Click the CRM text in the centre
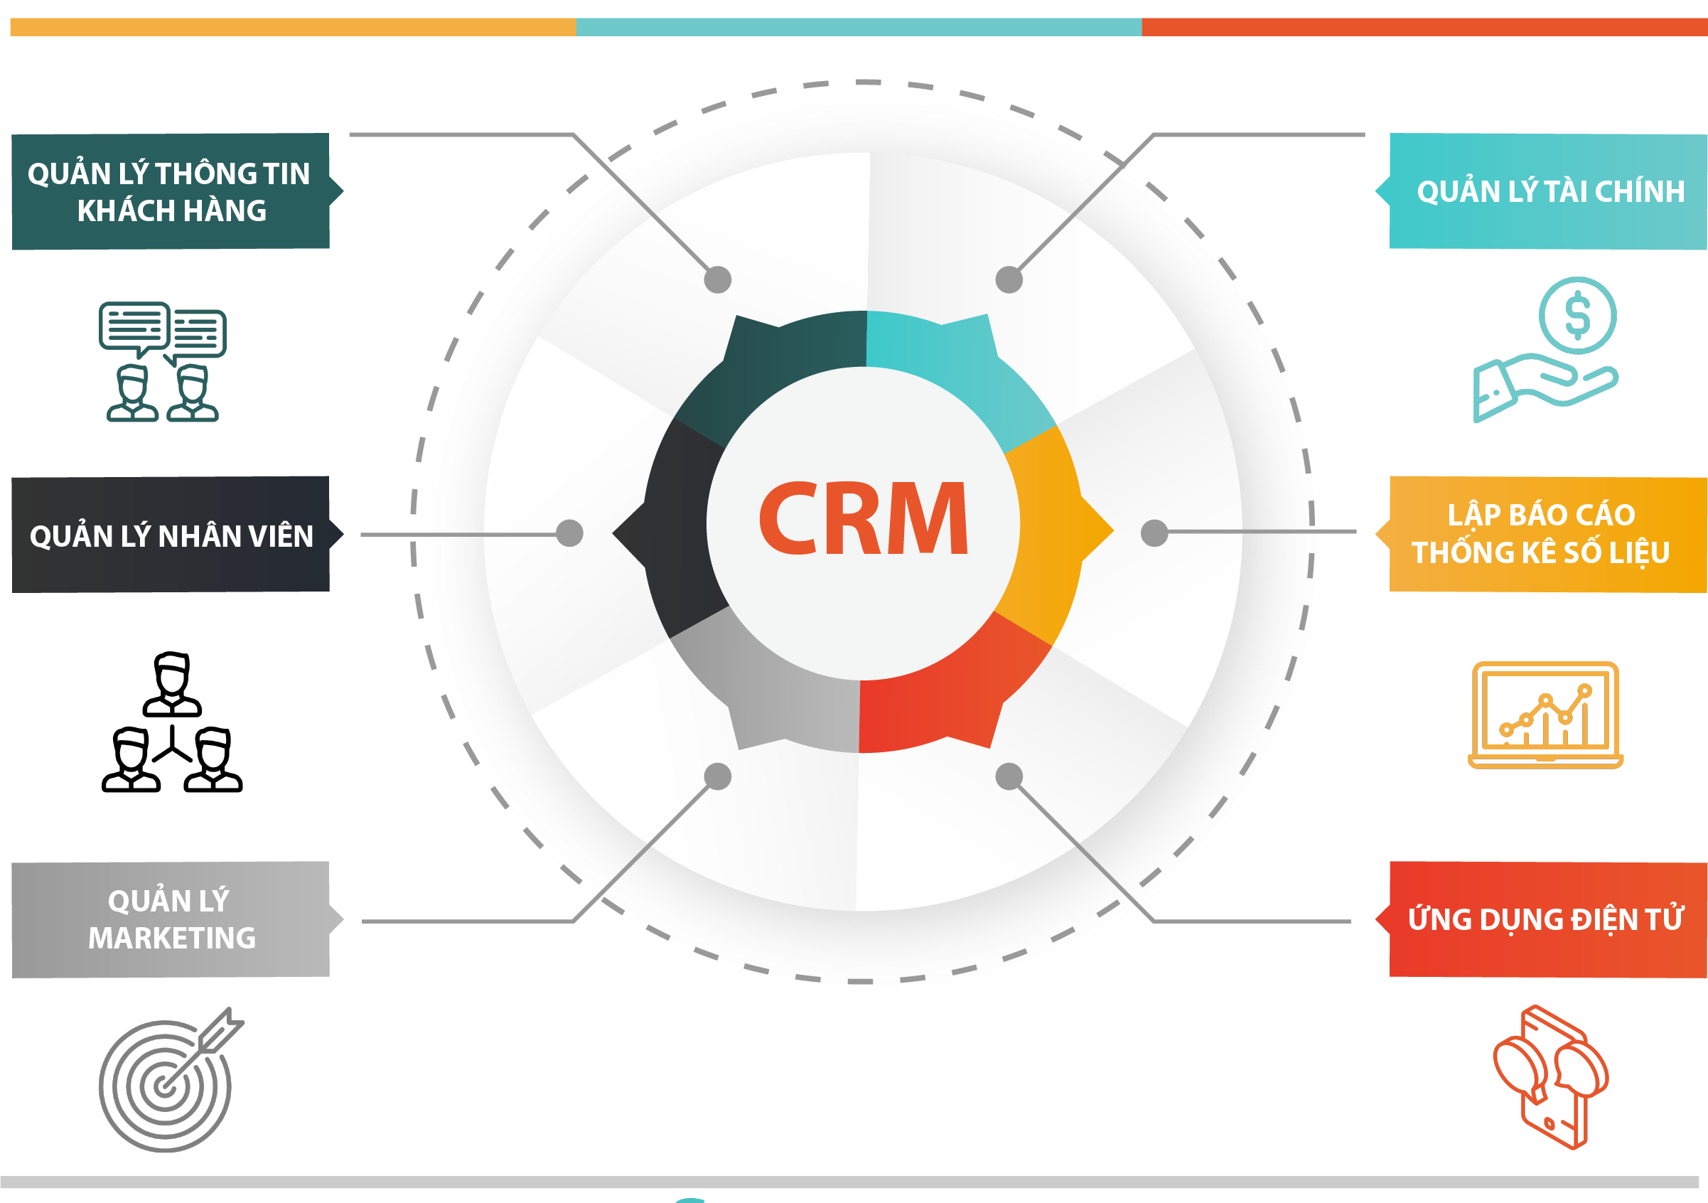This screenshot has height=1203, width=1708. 863,518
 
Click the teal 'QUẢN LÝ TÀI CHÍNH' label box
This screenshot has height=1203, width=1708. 1542,191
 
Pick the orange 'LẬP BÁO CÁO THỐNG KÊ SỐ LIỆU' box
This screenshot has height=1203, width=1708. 1542,534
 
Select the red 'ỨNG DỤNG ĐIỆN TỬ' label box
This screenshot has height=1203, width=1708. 1542,919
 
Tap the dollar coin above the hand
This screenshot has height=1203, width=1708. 1578,316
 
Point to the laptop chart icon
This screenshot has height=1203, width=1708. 1545,715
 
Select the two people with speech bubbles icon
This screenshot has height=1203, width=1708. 162,362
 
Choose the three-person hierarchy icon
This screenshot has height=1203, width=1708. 172,722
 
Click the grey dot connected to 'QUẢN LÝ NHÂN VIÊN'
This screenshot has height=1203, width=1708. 570,533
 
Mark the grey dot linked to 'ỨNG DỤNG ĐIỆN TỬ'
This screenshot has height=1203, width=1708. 1009,776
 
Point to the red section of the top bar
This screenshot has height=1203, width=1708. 1424,27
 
